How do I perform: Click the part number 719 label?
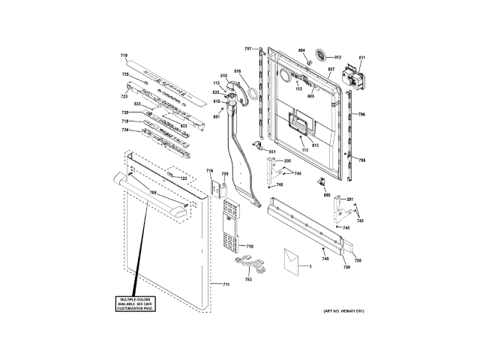click(124, 56)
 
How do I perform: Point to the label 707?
click(247, 48)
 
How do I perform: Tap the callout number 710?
click(250, 246)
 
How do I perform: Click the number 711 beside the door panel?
click(226, 285)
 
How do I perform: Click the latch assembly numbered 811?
click(351, 76)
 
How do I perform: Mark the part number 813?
click(316, 144)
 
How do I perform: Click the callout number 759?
click(346, 267)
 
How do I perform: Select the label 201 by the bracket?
click(349, 199)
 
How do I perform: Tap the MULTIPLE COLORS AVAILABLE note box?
click(133, 304)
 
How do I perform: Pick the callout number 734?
click(125, 130)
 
